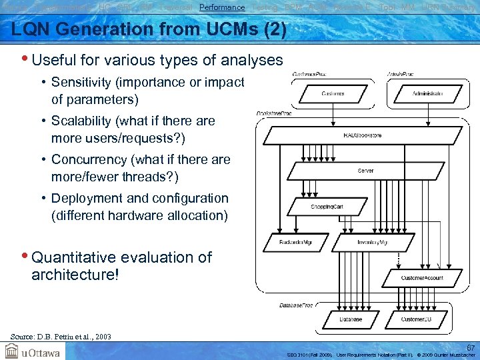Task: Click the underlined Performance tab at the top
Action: pyautogui.click(x=222, y=7)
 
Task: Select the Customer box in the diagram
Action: pyautogui.click(x=333, y=94)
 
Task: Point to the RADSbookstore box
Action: pyautogui.click(x=362, y=135)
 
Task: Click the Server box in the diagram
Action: pyautogui.click(x=365, y=171)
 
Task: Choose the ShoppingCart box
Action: pyautogui.click(x=327, y=207)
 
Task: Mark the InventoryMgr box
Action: pyautogui.click(x=373, y=243)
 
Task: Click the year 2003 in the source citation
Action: pyautogui.click(x=103, y=337)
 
